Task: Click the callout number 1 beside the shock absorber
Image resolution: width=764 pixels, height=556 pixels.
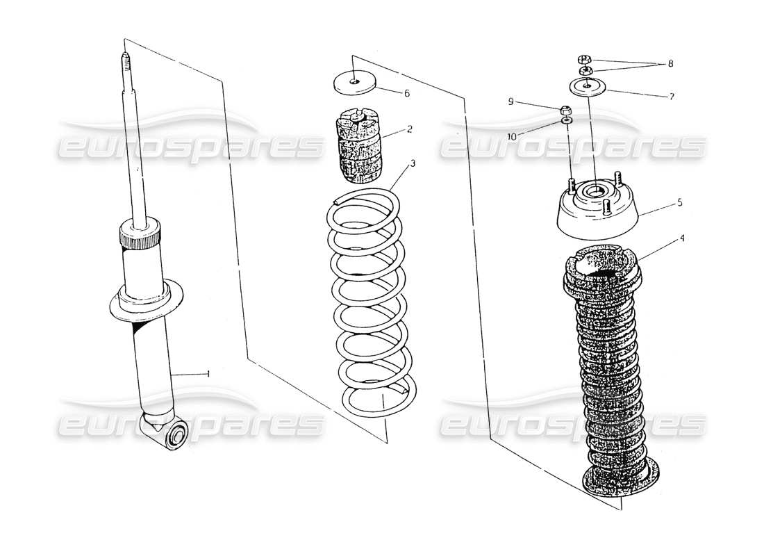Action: coord(208,374)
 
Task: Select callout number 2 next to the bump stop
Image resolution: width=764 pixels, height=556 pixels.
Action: coord(410,129)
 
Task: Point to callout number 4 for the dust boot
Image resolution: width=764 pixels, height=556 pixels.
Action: coord(682,238)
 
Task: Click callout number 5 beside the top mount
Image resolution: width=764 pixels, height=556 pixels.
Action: coord(679,203)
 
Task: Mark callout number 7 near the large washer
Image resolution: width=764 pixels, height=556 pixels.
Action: coord(671,97)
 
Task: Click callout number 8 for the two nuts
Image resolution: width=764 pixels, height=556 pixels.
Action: coord(670,63)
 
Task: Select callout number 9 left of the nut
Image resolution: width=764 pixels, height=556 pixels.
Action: coord(510,101)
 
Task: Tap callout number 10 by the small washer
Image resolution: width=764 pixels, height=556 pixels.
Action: coord(512,137)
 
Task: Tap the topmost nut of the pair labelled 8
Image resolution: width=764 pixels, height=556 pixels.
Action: coord(584,58)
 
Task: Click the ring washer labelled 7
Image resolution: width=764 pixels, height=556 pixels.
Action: coord(588,87)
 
